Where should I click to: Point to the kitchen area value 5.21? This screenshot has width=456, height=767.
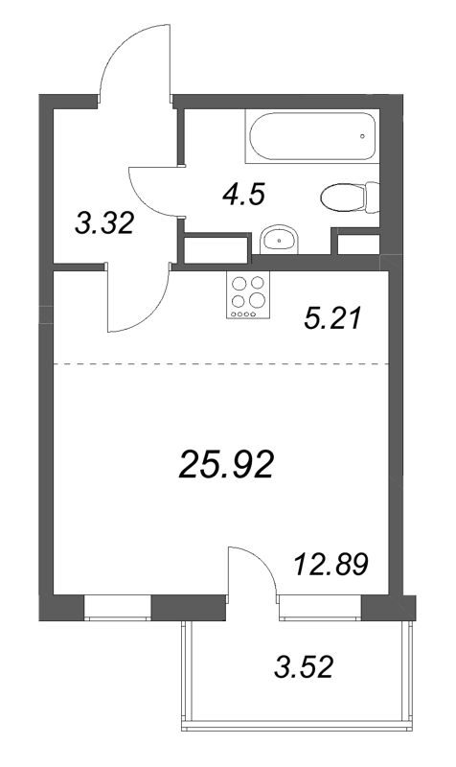click(331, 316)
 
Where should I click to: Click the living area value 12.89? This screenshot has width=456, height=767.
click(331, 562)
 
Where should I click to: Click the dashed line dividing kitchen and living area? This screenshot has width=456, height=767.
click(220, 364)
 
